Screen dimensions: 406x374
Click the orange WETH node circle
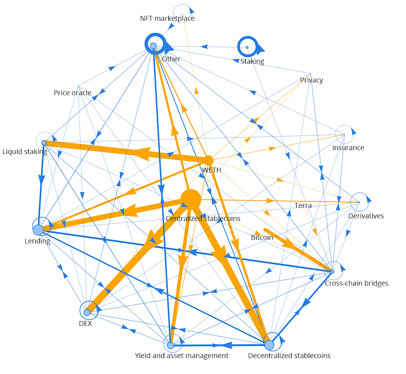point(208,160)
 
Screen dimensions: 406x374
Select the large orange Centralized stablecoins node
point(191,199)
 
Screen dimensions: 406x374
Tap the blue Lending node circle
point(38,230)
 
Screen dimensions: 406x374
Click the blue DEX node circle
point(87,313)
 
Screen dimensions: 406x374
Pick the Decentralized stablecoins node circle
point(269,345)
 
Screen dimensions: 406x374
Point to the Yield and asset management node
point(170,346)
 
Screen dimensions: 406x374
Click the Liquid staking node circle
point(44,143)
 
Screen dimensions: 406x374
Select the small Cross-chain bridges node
point(332,272)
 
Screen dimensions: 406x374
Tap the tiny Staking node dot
point(247,47)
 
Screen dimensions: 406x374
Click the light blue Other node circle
point(153,46)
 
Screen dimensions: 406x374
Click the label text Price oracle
point(73,93)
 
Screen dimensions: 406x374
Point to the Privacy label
point(312,80)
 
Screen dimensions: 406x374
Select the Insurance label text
point(348,148)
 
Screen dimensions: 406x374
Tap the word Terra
point(303,205)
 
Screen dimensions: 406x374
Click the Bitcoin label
point(262,237)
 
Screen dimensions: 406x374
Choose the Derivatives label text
point(366,216)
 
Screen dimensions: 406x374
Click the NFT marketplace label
point(167,19)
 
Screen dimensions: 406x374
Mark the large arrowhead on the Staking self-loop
point(260,49)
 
